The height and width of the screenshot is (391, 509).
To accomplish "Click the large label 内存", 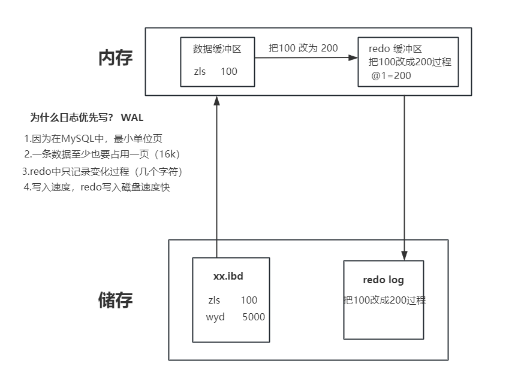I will [116, 58].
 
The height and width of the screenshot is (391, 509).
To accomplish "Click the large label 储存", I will [115, 300].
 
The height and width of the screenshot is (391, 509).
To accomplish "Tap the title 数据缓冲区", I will [217, 49].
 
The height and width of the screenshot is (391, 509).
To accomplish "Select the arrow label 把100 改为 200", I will [303, 49].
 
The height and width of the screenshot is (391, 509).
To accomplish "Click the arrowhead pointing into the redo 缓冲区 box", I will [354, 58].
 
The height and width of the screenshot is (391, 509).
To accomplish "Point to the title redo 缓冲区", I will [395, 49].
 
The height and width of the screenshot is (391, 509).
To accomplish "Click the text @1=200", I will [391, 76].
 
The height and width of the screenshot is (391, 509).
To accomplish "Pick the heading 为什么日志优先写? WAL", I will [87, 117].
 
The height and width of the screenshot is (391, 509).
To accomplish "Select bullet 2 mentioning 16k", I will [102, 154].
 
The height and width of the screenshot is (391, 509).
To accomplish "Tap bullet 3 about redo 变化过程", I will [102, 172].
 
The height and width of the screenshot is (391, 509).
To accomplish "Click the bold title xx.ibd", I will [228, 277].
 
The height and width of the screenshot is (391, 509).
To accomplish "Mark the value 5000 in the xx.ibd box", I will [254, 317].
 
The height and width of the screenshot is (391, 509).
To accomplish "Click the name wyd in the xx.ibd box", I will [215, 317].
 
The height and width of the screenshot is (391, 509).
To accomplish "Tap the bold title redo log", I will [384, 280].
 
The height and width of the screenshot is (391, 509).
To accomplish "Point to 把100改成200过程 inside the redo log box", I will [384, 300].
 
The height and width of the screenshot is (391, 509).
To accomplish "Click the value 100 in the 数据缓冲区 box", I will [229, 72].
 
